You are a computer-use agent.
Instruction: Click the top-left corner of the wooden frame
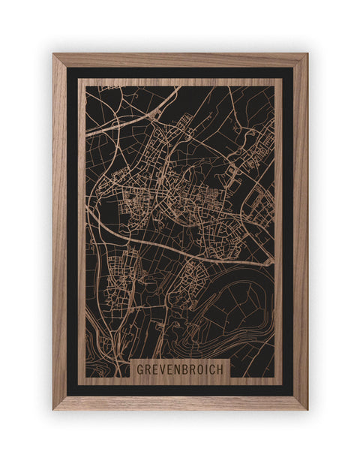pos(54,55)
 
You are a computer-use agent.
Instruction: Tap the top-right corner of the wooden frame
pos(306,55)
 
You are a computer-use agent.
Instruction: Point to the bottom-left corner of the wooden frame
pos(54,408)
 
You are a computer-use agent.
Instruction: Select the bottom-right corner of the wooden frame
pos(306,408)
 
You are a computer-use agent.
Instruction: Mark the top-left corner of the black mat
pos(67,68)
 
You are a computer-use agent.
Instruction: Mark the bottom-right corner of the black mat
pos(292,395)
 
